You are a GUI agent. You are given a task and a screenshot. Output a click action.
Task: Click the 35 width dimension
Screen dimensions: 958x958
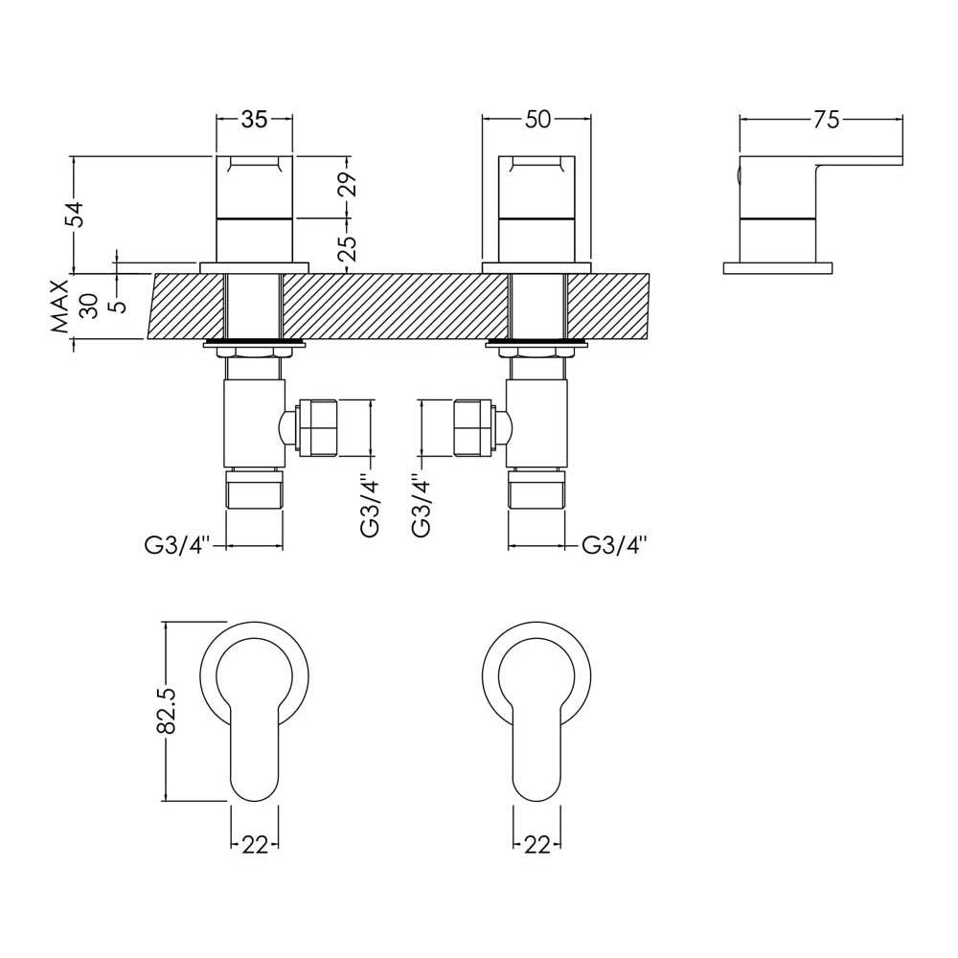coord(254,120)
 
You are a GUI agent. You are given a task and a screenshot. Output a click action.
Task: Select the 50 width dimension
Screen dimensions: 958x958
coord(537,120)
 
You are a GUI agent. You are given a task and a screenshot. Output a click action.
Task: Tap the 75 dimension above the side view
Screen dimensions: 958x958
coord(826,120)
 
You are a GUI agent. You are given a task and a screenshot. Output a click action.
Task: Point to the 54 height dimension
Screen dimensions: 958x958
coord(78,214)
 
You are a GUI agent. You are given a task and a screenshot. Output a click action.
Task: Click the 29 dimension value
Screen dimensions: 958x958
coord(347,184)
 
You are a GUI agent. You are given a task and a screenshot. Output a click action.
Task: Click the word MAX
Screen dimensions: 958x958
coord(60,307)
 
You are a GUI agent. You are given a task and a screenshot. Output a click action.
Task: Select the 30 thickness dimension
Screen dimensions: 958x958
coord(88,307)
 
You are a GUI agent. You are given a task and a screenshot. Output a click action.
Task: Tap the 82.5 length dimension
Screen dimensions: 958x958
coord(168,710)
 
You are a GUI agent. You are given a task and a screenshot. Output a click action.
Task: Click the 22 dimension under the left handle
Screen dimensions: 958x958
coord(255,845)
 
